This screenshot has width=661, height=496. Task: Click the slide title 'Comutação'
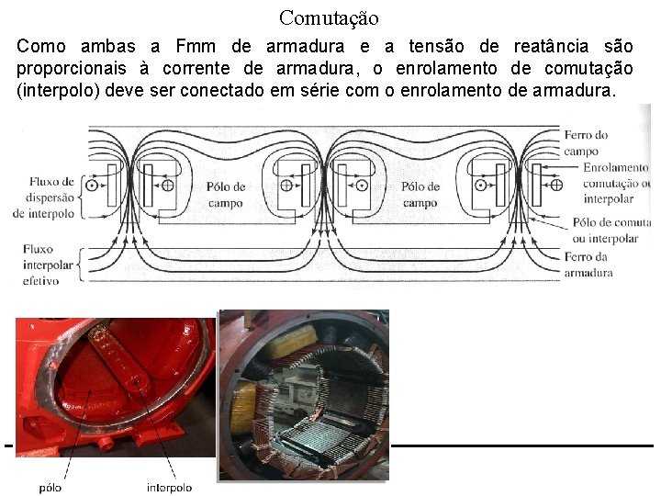pyautogui.click(x=329, y=17)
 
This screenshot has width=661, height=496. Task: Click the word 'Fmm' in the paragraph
pyautogui.click(x=195, y=46)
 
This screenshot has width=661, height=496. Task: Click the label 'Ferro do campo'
pyautogui.click(x=586, y=142)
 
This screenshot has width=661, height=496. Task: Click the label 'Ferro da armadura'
pyautogui.click(x=588, y=265)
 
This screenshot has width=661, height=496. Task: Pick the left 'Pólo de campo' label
pyautogui.click(x=225, y=194)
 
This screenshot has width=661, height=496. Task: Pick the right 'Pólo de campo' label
pyautogui.click(x=420, y=194)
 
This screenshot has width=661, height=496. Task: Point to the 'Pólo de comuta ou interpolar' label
pyautogui.click(x=611, y=230)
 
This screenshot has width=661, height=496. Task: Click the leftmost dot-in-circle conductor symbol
pyautogui.click(x=92, y=186)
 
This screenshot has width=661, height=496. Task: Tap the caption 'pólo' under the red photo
pyautogui.click(x=50, y=487)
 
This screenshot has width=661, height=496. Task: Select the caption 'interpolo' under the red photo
pyautogui.click(x=170, y=487)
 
